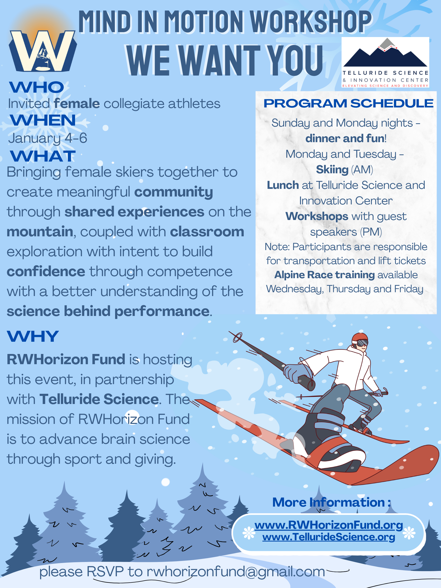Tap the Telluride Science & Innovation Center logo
[x=385, y=62]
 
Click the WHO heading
[x=37, y=87]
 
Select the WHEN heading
[x=43, y=120]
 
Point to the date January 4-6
[x=47, y=138]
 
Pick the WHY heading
[x=33, y=337]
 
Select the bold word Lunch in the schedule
[x=283, y=185]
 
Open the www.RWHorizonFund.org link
[x=328, y=525]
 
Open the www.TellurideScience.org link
[x=328, y=537]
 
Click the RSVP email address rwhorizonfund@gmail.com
[x=236, y=571]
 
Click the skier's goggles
[x=363, y=343]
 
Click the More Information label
[x=332, y=503]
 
